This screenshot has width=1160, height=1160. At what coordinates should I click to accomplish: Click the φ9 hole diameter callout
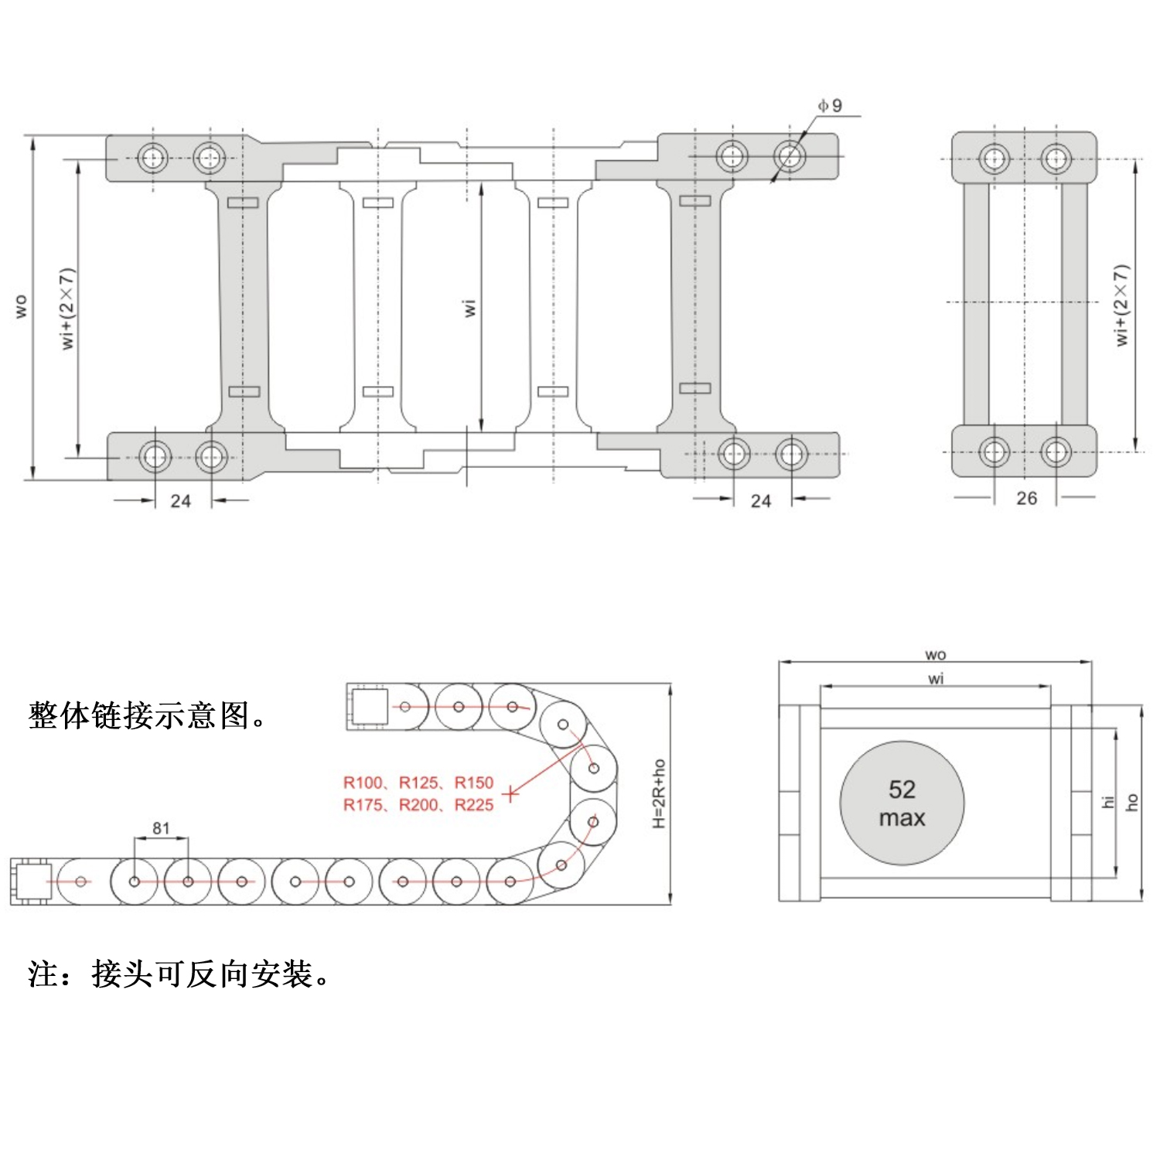831,105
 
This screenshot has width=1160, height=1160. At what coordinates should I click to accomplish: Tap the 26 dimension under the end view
1026,498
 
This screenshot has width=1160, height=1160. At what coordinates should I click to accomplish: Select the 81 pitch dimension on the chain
161,828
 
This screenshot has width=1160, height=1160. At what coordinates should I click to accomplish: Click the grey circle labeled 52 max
902,803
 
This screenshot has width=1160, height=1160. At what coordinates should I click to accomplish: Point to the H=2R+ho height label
659,793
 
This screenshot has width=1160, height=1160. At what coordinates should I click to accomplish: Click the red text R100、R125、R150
418,783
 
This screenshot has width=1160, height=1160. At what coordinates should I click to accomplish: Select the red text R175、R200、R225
418,805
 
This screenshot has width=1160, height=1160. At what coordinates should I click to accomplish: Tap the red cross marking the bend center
510,793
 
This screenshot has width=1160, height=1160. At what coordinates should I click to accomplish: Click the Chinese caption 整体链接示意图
147,716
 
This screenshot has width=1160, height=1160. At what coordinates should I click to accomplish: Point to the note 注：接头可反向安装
179,974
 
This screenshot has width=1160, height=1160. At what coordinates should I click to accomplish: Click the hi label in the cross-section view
1107,802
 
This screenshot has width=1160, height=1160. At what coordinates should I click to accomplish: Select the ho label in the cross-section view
1132,802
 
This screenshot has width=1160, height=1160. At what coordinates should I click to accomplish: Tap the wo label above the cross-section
936,655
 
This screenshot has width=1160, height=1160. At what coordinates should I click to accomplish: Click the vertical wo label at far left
21,306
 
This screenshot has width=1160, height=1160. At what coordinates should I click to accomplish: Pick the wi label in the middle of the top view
469,307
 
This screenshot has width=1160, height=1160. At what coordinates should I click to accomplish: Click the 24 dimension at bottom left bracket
180,501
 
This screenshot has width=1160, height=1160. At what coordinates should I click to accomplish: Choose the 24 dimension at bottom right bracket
761,501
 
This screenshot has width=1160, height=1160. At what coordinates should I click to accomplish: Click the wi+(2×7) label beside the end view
1121,305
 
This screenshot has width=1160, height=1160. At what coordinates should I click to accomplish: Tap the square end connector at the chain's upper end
368,707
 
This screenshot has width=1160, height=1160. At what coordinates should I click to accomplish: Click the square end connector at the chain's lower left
32,882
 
